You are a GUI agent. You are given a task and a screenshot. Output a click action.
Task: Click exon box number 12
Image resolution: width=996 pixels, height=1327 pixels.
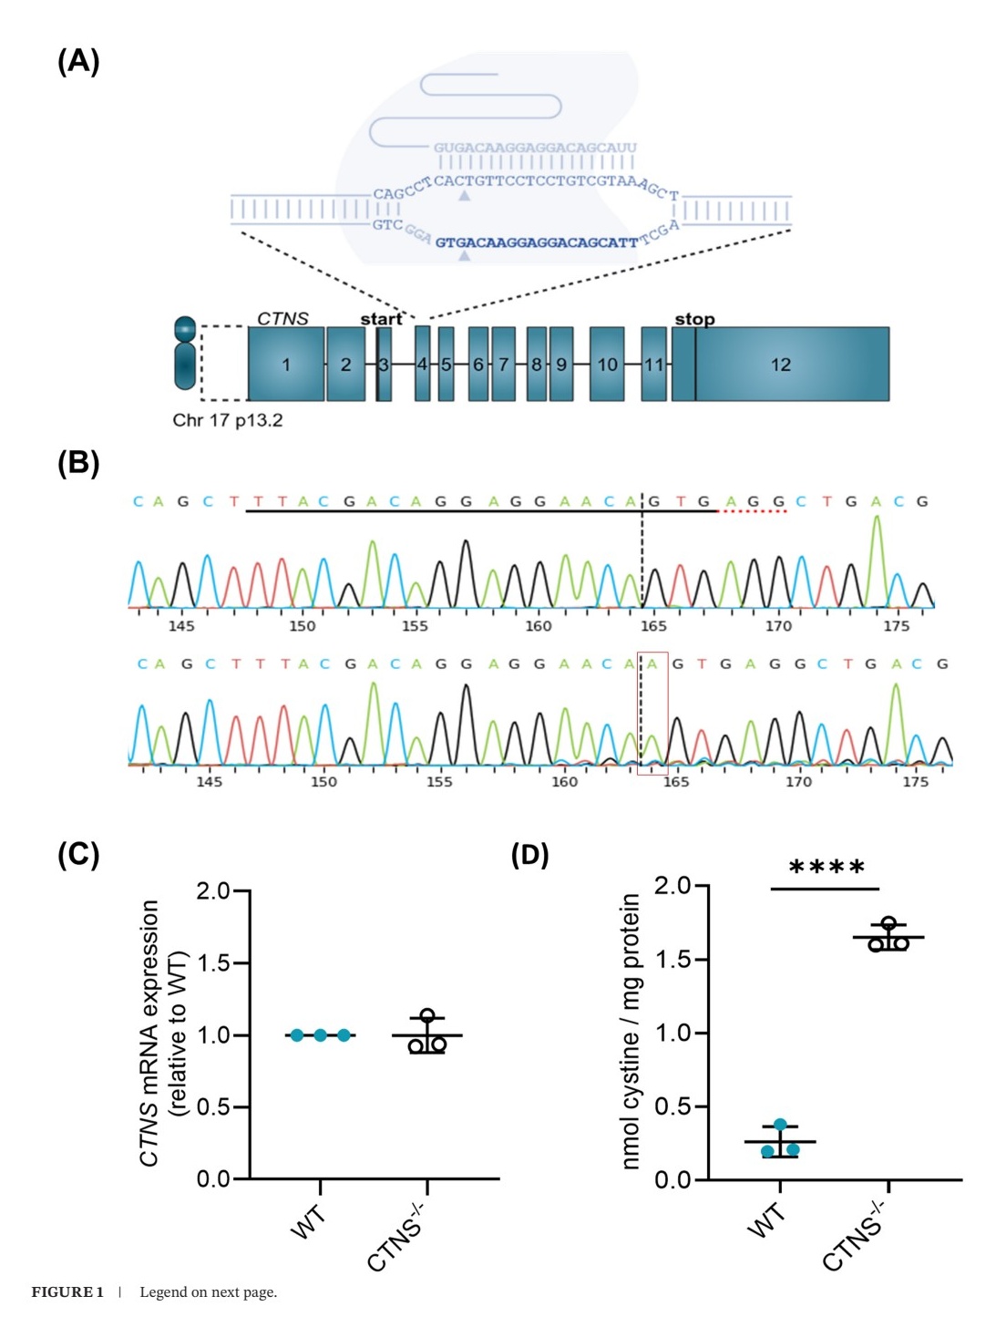click(x=781, y=365)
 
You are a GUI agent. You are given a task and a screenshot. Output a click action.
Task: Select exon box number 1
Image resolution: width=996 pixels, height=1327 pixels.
click(x=286, y=365)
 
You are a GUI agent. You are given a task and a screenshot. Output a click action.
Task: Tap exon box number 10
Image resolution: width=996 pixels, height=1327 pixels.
click(x=607, y=365)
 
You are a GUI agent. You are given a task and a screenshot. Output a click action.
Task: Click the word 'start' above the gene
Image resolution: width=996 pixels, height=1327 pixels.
click(x=381, y=319)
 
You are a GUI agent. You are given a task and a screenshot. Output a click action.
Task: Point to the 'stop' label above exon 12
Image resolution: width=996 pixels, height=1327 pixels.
click(x=694, y=319)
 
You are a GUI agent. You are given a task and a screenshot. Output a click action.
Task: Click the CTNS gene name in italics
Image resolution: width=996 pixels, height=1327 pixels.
click(x=282, y=318)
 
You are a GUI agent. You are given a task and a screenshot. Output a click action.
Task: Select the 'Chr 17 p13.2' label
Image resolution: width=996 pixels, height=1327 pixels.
click(x=228, y=420)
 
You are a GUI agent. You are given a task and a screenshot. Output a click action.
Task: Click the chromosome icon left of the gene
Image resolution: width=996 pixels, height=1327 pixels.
click(x=185, y=353)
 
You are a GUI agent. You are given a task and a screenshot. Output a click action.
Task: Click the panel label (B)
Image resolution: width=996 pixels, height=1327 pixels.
click(x=78, y=463)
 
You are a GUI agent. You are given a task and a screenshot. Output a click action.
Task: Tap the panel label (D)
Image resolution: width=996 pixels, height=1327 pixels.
click(x=529, y=855)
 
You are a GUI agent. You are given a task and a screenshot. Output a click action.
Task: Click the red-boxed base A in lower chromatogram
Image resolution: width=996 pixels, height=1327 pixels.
click(x=652, y=664)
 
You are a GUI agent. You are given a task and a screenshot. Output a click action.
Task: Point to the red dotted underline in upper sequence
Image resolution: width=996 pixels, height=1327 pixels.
click(x=753, y=511)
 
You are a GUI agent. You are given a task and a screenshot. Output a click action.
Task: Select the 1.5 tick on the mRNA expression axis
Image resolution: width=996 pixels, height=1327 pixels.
click(x=214, y=963)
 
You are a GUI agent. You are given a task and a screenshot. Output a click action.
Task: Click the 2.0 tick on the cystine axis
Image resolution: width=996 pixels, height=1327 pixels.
click(x=673, y=886)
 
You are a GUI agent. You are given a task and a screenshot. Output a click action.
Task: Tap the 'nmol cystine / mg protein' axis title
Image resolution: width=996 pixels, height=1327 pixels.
click(x=631, y=1031)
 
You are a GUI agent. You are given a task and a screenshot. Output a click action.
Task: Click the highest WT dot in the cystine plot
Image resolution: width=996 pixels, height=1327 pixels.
click(x=780, y=1126)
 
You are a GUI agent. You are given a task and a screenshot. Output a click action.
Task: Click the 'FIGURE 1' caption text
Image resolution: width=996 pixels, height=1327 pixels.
click(x=67, y=1292)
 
